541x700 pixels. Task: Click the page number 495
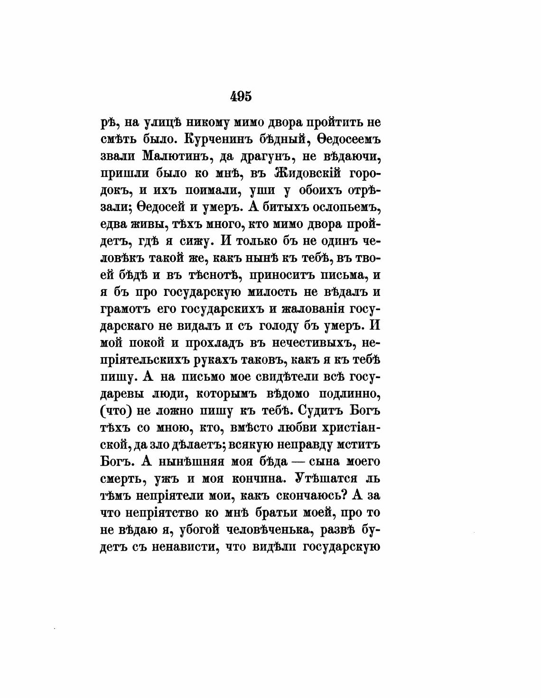(x=241, y=96)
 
